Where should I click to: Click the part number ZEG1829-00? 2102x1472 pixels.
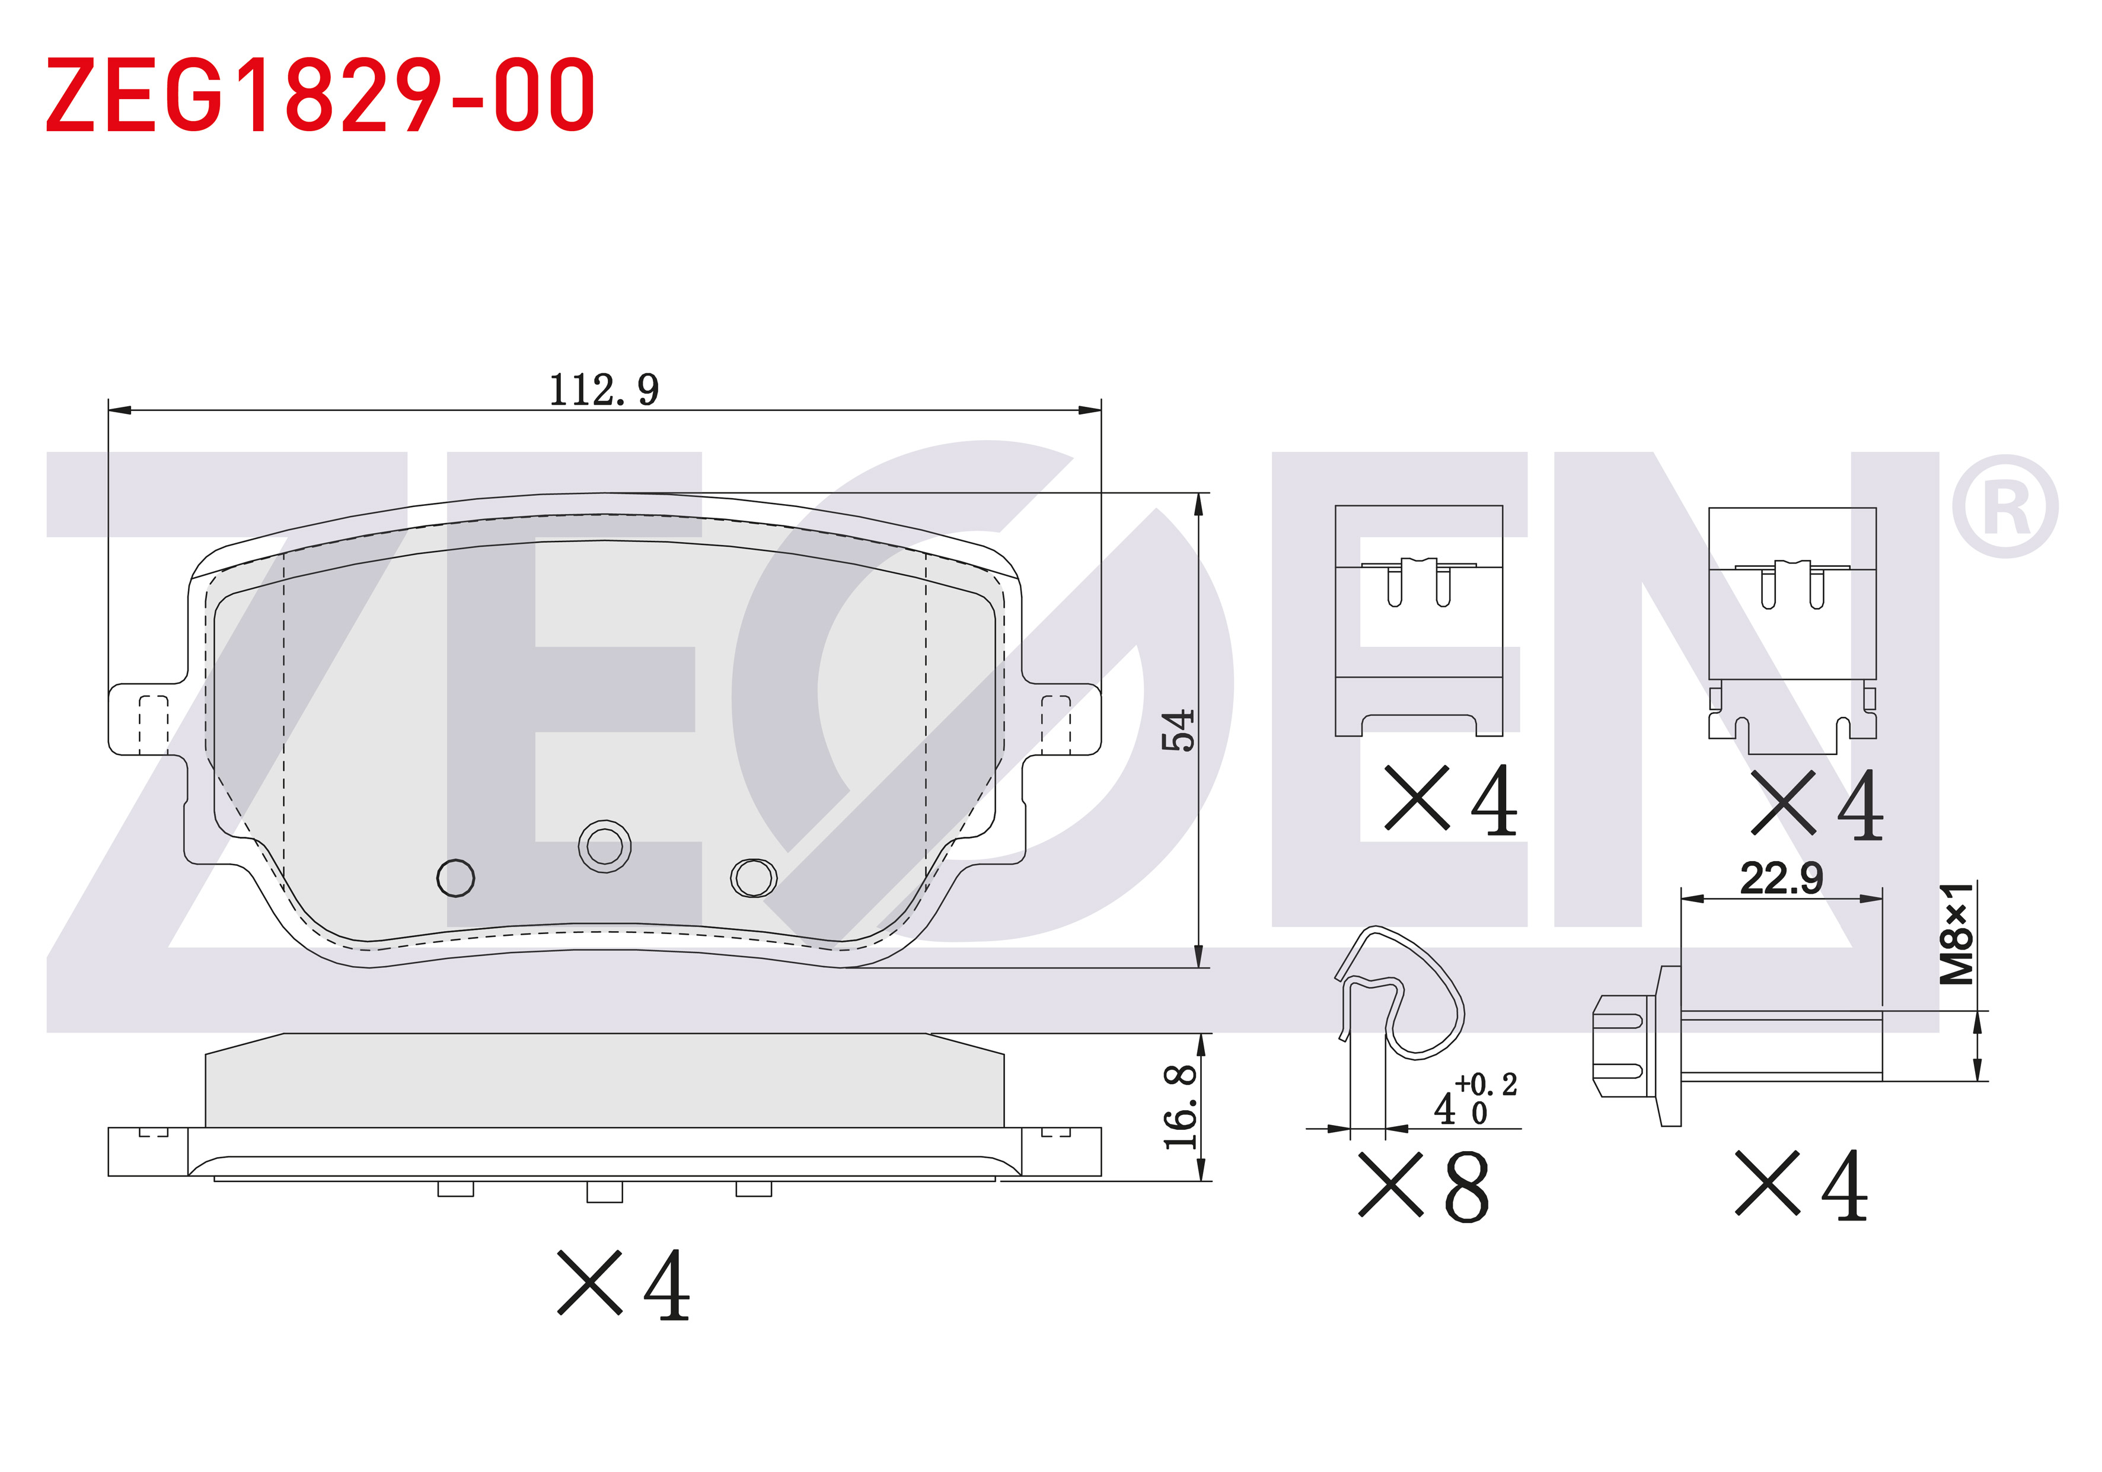pyautogui.click(x=320, y=94)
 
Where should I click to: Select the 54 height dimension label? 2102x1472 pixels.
pyautogui.click(x=1178, y=729)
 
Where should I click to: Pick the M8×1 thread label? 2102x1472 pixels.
pyautogui.click(x=1957, y=933)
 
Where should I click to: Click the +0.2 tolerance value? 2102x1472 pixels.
pyautogui.click(x=1486, y=1085)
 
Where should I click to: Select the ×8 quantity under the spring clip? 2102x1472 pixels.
pyautogui.click(x=1424, y=1186)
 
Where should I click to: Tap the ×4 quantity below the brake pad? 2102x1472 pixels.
pyautogui.click(x=624, y=1285)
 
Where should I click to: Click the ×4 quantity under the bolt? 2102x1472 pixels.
pyautogui.click(x=1802, y=1186)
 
